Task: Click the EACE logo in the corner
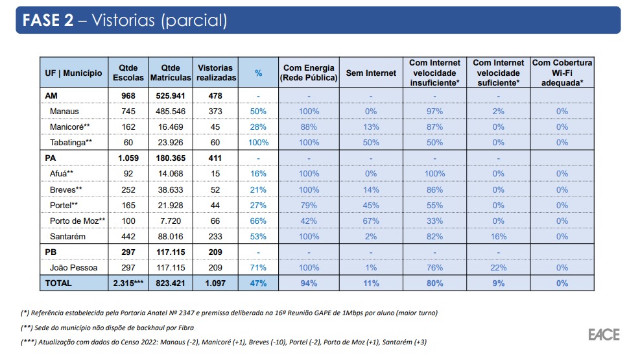603,335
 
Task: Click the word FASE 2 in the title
48,20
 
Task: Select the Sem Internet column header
371,73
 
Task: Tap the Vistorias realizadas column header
215,73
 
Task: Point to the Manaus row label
64,112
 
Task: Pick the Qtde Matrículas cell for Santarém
171,237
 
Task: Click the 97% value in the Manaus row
434,112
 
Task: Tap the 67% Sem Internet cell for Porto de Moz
371,221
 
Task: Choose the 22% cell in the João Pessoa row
498,267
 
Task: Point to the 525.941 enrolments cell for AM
171,96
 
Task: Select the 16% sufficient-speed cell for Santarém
498,237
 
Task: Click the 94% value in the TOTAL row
309,283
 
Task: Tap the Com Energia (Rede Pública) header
309,73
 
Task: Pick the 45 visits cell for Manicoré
215,127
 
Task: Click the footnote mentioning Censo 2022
223,342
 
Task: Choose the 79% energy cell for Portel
309,206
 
